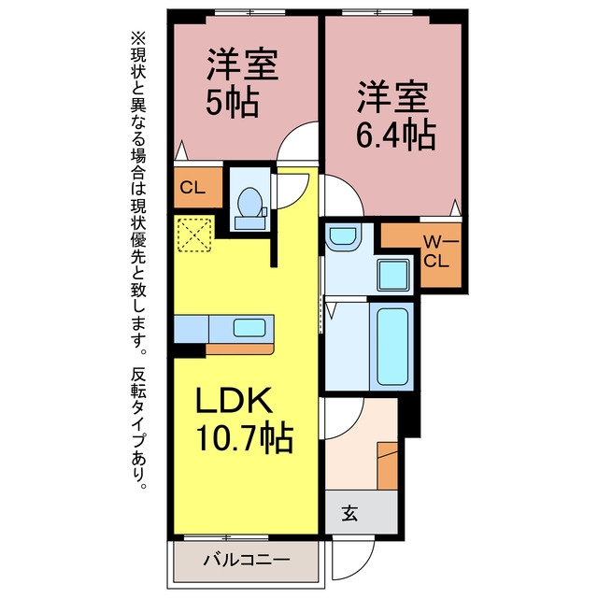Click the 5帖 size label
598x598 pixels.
pyautogui.click(x=233, y=103)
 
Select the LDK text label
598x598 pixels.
pyautogui.click(x=234, y=400)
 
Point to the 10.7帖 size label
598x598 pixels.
pyautogui.click(x=244, y=437)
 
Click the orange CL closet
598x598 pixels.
pyautogui.click(x=198, y=187)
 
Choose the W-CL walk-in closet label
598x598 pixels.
pyautogui.click(x=439, y=251)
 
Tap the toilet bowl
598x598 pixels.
pyautogui.click(x=249, y=202)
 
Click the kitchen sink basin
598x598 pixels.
pyautogui.click(x=249, y=328)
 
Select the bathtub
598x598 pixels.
pyautogui.click(x=392, y=347)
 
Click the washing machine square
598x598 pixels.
pyautogui.click(x=393, y=275)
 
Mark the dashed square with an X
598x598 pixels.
pyautogui.click(x=194, y=235)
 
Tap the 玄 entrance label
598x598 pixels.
pyautogui.click(x=349, y=513)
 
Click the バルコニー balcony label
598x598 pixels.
pyautogui.click(x=247, y=560)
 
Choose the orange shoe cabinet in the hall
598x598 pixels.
pyautogui.click(x=388, y=465)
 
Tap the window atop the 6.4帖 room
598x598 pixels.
pyautogui.click(x=377, y=12)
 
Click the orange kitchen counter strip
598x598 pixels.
pyautogui.click(x=240, y=349)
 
